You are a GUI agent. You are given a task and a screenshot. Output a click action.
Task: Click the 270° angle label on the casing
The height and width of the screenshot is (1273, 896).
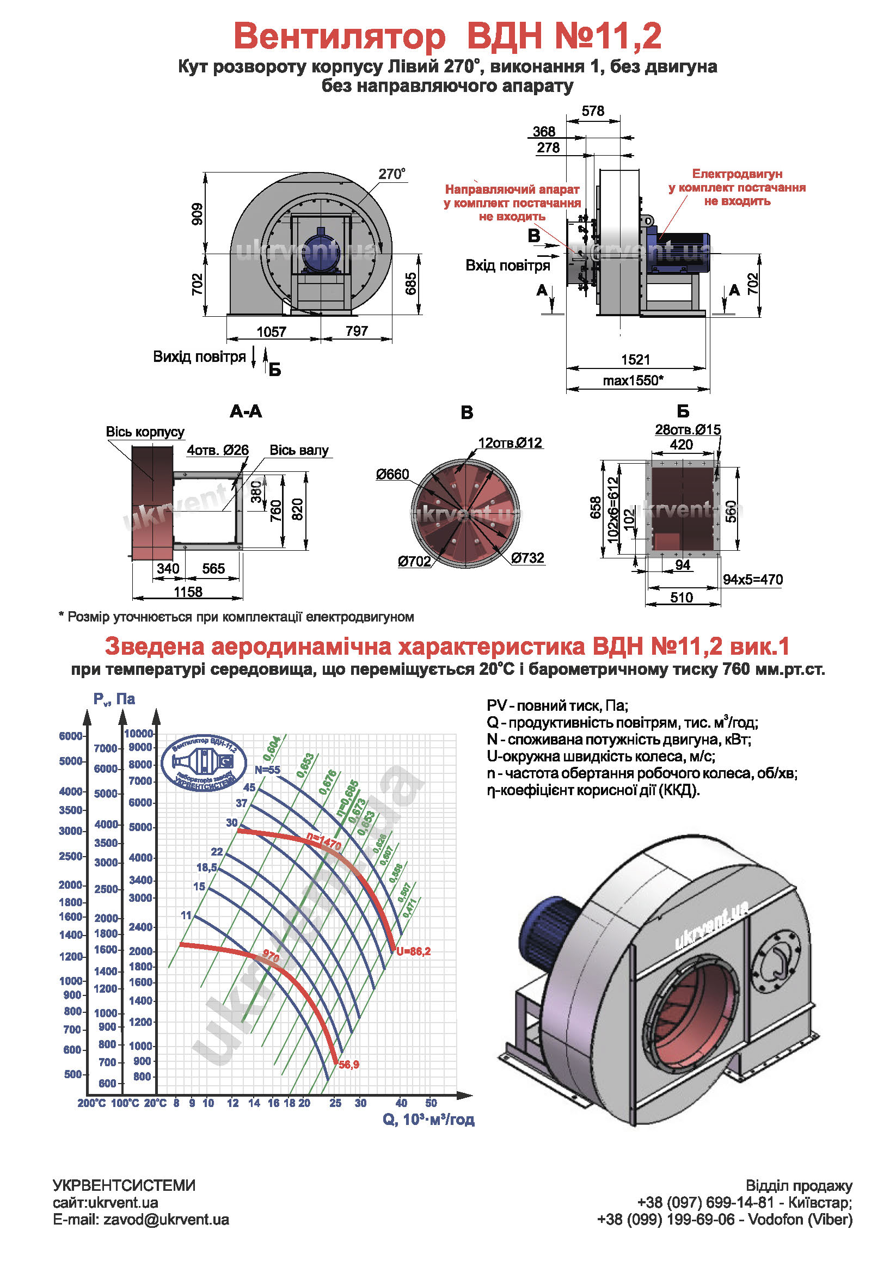pyautogui.click(x=391, y=174)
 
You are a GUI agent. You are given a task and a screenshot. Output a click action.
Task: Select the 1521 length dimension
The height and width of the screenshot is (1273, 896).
pyautogui.click(x=635, y=359)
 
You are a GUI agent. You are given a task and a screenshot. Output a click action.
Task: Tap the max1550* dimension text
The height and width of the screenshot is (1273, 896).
pyautogui.click(x=633, y=380)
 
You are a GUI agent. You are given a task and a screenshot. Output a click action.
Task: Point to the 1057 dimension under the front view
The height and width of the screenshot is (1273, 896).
pyautogui.click(x=271, y=331)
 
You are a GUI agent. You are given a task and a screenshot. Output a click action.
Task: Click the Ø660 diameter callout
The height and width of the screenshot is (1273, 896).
pyautogui.click(x=392, y=474)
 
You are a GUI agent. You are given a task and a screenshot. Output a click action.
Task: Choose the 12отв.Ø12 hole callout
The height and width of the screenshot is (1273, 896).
pyautogui.click(x=510, y=442)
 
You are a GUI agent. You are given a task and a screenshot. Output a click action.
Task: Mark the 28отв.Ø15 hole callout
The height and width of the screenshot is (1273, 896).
pyautogui.click(x=688, y=429)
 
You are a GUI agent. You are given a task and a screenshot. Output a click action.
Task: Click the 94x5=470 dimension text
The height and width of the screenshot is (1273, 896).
pyautogui.click(x=752, y=580)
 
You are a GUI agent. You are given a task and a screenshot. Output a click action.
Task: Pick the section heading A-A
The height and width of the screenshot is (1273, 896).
pyautogui.click(x=246, y=411)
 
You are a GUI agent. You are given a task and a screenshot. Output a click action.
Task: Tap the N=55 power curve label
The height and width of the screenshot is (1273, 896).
pyautogui.click(x=267, y=770)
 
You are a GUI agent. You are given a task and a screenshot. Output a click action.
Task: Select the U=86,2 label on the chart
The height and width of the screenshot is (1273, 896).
pyautogui.click(x=413, y=951)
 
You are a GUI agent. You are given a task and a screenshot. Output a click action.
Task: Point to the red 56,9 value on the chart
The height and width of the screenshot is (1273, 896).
pyautogui.click(x=349, y=1065)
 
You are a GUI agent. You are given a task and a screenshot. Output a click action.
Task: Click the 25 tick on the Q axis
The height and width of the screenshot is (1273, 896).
pyautogui.click(x=335, y=1103)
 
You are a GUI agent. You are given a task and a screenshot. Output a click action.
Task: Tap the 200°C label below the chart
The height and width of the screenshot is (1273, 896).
pyautogui.click(x=91, y=1103)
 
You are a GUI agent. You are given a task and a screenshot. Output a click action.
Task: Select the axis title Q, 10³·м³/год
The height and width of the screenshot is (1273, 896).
pyautogui.click(x=428, y=1120)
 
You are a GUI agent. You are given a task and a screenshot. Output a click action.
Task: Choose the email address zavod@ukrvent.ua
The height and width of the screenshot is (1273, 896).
pyautogui.click(x=166, y=1219)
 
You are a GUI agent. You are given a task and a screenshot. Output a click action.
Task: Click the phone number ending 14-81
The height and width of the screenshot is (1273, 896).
pyautogui.click(x=705, y=1202)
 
